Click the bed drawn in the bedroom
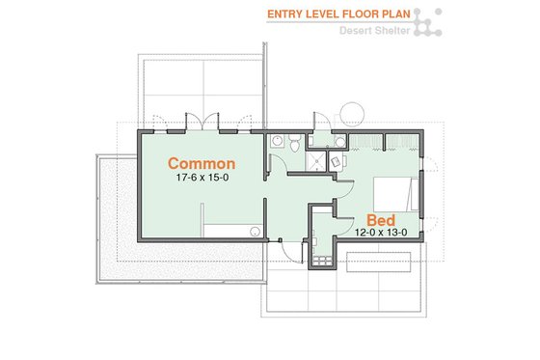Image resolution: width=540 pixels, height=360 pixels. click(x=394, y=196)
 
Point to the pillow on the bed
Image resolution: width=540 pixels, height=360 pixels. click(x=414, y=196)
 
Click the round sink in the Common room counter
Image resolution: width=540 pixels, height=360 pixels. click(x=253, y=230)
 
